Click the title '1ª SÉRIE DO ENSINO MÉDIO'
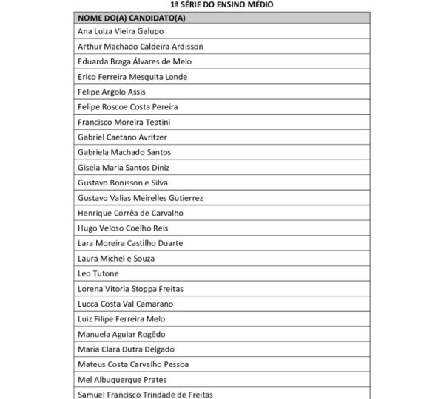click(x=221, y=4)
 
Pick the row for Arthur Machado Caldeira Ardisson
click(x=140, y=47)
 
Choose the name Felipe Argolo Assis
click(x=111, y=92)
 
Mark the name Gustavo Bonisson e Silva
click(x=124, y=183)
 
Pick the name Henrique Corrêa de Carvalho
click(x=130, y=213)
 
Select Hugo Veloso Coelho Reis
click(x=123, y=228)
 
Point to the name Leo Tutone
click(x=98, y=273)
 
